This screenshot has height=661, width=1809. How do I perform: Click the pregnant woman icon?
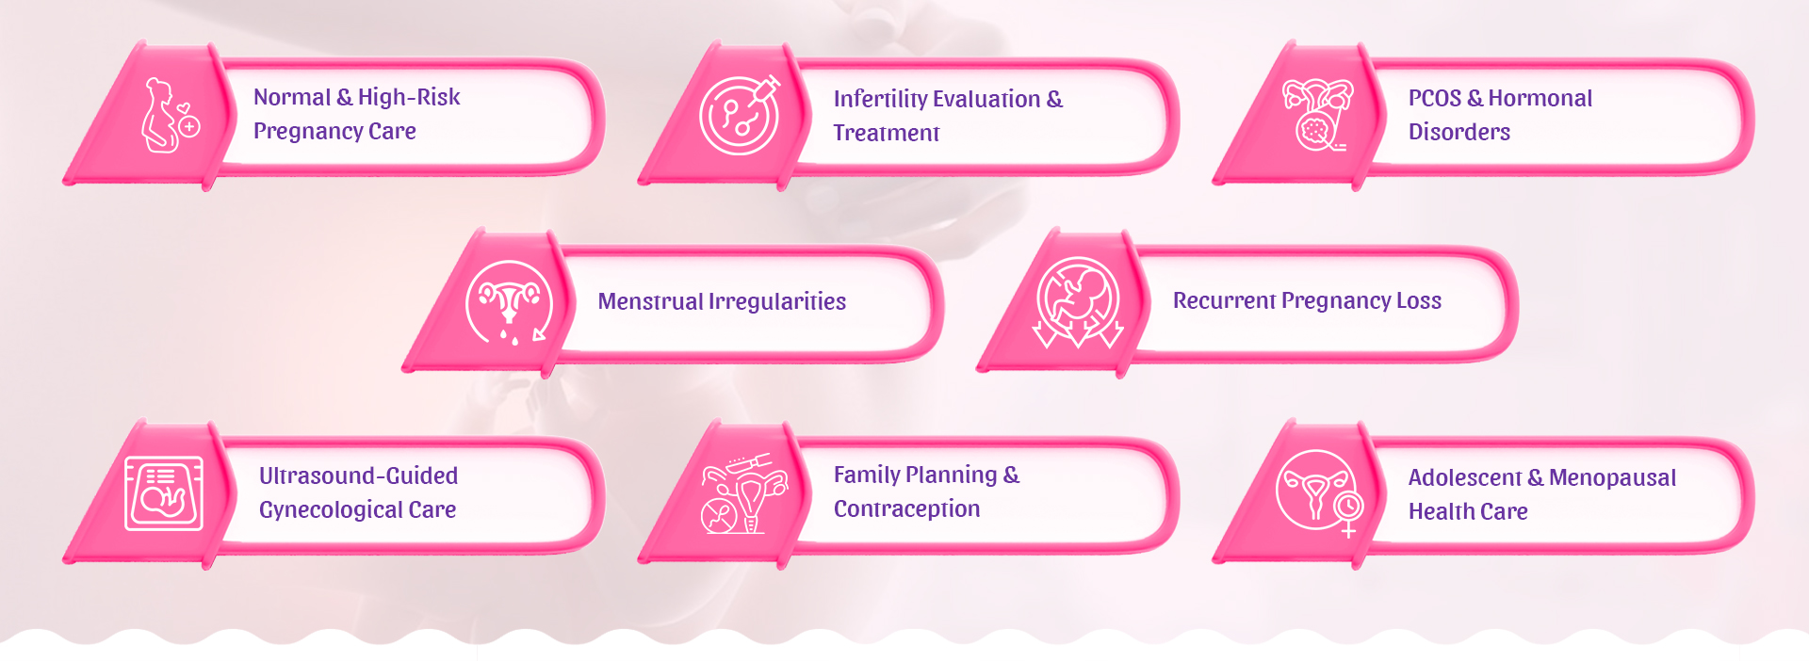(170, 116)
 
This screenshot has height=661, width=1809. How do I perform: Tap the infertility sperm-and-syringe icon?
(741, 115)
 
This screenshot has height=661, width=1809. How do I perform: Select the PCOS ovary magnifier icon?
(1317, 115)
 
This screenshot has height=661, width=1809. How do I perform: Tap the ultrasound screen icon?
(164, 493)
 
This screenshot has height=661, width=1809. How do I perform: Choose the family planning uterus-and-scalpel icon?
(744, 493)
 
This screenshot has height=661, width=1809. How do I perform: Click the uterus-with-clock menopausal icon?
(1320, 492)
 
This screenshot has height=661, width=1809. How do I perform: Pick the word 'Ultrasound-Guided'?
(359, 476)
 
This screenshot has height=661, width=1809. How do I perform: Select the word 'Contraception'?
(906, 509)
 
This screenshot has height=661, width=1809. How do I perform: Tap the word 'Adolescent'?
(1465, 477)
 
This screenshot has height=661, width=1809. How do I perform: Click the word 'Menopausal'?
(1612, 477)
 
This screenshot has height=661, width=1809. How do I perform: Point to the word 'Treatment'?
(887, 133)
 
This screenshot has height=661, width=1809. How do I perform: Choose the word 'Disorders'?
(1459, 132)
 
